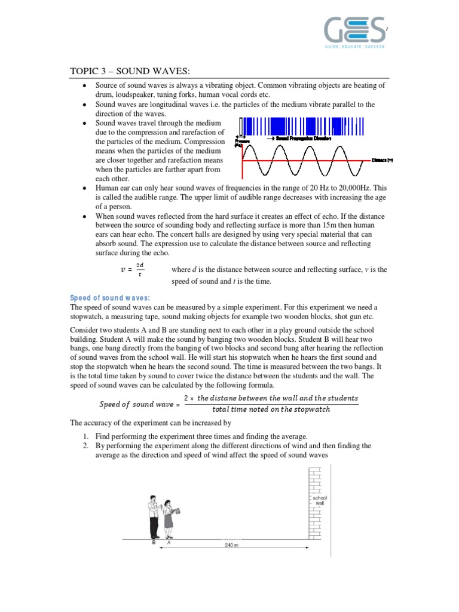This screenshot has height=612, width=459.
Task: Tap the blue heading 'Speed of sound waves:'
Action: click(110, 298)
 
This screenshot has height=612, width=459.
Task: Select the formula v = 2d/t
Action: click(133, 270)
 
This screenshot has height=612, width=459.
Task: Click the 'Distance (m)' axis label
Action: click(381, 160)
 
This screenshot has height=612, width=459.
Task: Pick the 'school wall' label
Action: click(320, 500)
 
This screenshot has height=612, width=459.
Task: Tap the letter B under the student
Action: click(154, 543)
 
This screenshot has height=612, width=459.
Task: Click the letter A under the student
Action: click(169, 543)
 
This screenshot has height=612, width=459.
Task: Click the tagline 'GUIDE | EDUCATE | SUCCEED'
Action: click(355, 46)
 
